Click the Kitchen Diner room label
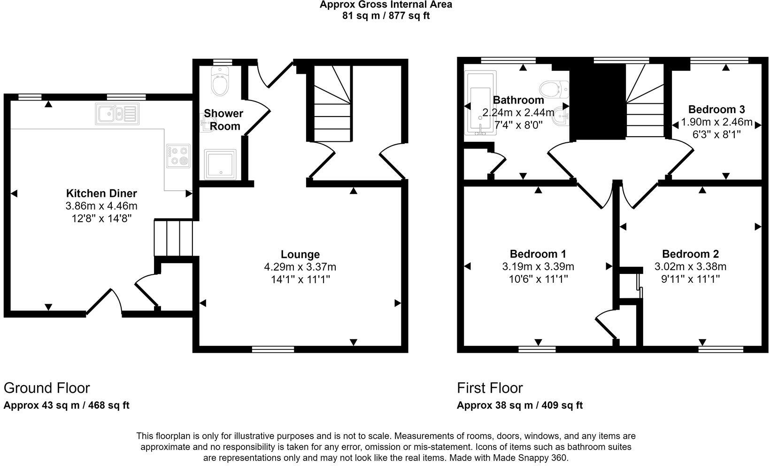pos(101,193)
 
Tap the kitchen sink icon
pos(117,114)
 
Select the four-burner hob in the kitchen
pos(178,156)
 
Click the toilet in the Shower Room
pos(219,83)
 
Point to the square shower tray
pos(221,164)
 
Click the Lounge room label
pos(300,254)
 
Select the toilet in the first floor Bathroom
pos(554,88)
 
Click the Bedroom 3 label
pos(716,109)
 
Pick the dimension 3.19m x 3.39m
pos(538,267)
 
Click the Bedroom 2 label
pos(690,254)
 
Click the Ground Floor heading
pos(46,388)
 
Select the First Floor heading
pos(490,388)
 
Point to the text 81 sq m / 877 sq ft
pos(386,16)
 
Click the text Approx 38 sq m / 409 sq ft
pos(520,405)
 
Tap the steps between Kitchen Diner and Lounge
pos(174,237)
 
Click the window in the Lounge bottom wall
pos(273,349)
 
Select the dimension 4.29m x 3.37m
pos(300,267)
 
